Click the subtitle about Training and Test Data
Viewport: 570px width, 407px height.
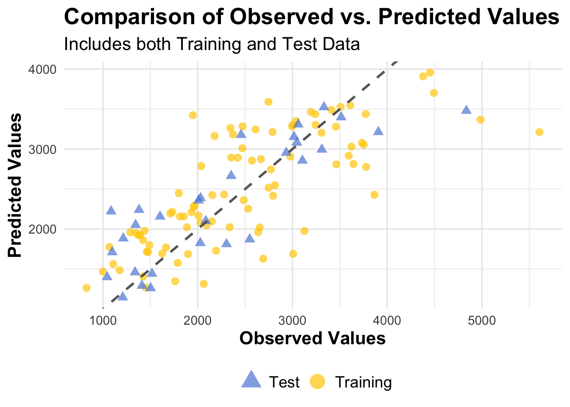point(212,44)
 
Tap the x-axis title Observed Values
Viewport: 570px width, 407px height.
point(313,338)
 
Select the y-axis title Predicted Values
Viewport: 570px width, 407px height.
point(15,185)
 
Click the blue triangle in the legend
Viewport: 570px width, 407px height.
point(251,379)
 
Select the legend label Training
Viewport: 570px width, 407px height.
point(363,382)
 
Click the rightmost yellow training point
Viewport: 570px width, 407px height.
point(539,132)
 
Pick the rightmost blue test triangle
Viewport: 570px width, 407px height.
point(466,110)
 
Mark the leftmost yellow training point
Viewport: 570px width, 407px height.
point(87,288)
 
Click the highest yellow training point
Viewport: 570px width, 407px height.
point(430,72)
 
